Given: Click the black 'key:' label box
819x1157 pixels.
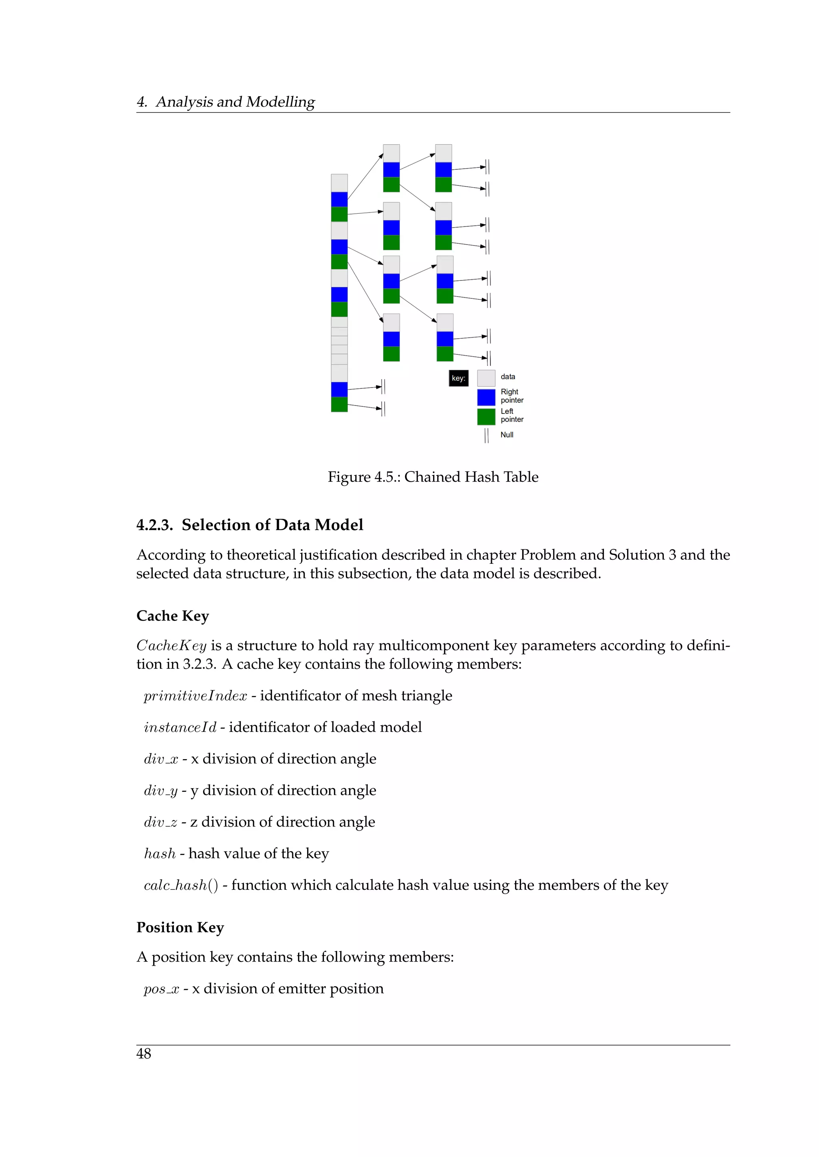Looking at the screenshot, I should pos(458,378).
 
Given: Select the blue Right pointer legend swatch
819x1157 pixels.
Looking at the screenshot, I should pos(486,397).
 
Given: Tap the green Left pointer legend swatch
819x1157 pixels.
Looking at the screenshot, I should pos(486,417).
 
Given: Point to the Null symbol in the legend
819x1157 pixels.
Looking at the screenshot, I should pos(486,435).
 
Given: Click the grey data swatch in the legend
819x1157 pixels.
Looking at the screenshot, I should pos(486,378).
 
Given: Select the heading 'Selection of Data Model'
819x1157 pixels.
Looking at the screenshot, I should pos(272,525).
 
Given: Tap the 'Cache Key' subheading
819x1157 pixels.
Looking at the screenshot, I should pos(172,616).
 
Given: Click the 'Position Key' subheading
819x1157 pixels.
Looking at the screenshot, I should pos(180,927).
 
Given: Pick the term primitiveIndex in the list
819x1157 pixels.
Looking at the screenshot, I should pos(195,696).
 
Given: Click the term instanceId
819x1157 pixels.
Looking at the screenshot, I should pos(180,728).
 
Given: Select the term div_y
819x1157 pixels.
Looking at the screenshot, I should pos(160,791).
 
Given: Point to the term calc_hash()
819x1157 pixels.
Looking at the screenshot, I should pos(180,885).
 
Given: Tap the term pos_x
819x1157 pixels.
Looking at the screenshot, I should pos(162,989).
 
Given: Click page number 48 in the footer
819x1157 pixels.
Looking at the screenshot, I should pos(144,1054).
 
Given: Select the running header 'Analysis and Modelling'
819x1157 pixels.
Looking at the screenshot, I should pos(235,102).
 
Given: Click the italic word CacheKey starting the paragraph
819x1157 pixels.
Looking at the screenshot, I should pos(172,646).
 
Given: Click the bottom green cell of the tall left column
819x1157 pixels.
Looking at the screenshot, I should pos(340,404).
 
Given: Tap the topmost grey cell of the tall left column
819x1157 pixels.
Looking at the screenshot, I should pos(340,183).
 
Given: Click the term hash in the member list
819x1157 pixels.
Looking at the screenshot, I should pos(160,854).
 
